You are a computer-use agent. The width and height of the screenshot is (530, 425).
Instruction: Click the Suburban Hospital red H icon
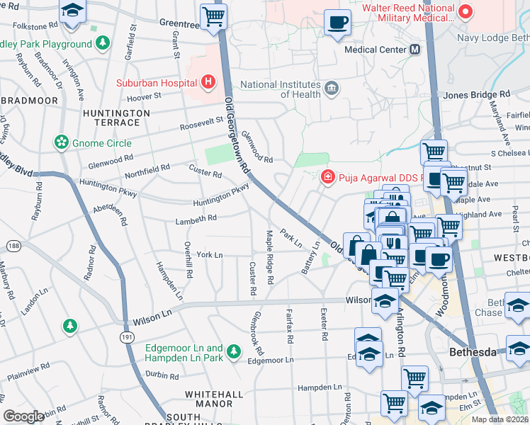pos(208,82)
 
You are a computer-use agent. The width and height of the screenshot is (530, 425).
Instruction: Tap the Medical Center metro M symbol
pos(415,50)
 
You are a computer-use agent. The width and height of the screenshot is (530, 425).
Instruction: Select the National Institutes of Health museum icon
pos(331,89)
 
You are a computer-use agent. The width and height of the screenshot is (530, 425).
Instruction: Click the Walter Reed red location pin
pos(466,11)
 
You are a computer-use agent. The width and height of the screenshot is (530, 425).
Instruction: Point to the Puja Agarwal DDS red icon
pos(327,176)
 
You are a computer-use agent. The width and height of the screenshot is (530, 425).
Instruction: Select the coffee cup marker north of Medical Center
pos(337,22)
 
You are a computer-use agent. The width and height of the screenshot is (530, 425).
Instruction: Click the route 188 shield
pos(13,245)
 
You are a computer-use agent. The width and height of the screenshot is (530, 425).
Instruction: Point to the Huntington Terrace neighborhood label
pos(116,118)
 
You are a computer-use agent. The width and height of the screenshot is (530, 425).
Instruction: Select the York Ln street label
pos(209,254)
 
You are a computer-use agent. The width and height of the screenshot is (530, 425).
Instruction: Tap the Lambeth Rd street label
pos(196,220)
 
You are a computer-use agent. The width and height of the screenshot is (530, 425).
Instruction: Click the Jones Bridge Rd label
pos(476,94)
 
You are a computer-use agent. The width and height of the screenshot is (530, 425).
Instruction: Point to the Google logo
pos(24,416)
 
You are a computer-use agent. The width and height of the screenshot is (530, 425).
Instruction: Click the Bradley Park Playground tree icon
pos(103,44)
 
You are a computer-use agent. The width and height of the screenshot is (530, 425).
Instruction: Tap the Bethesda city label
pos(475,353)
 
